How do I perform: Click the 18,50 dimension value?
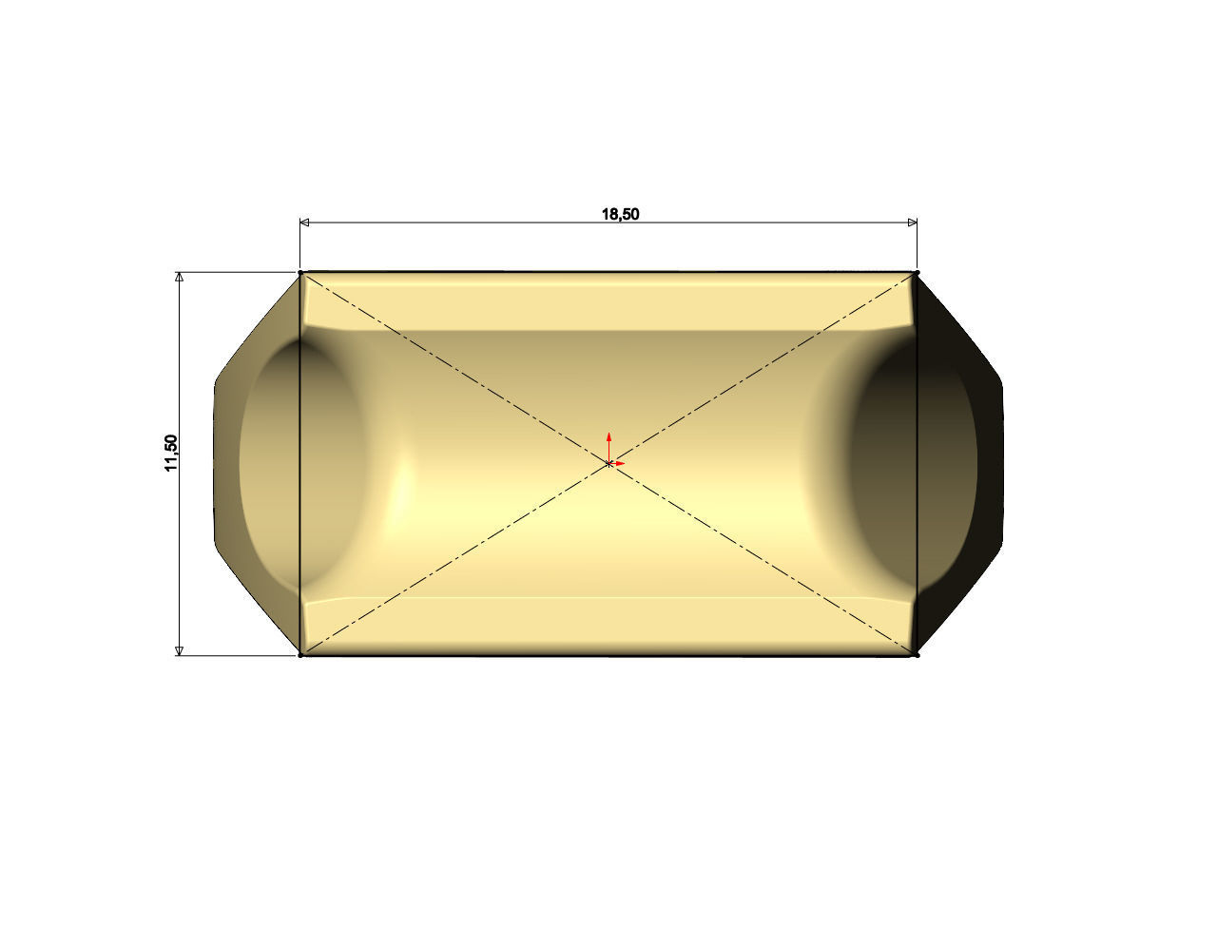[620, 214]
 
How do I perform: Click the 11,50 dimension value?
[171, 453]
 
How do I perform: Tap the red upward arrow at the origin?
[608, 441]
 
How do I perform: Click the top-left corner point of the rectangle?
[301, 273]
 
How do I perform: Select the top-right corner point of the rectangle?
[917, 273]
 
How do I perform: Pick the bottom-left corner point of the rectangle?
[301, 654]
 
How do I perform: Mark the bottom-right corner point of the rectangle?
[917, 654]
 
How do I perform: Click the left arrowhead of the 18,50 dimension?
[305, 222]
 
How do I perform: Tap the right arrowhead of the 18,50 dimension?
[912, 222]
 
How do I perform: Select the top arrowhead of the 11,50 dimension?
[179, 278]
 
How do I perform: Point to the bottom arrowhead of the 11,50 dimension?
[179, 649]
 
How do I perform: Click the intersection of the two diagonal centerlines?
[608, 464]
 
